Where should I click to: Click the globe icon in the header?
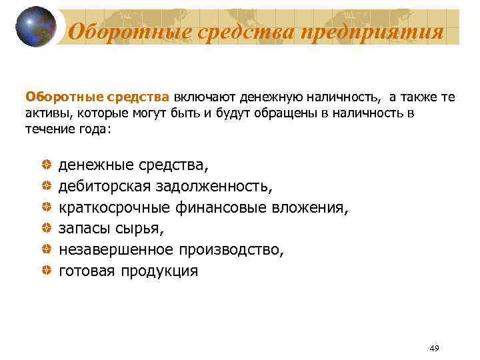point(36,27)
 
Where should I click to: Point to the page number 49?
point(435,348)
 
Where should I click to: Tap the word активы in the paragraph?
point(46,113)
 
